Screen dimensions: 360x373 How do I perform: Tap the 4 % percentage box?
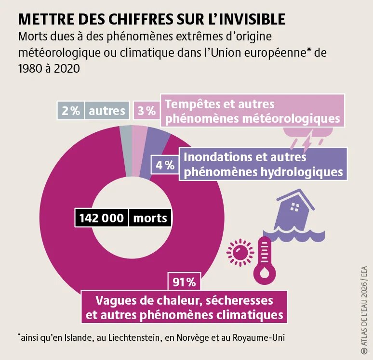point(165,165)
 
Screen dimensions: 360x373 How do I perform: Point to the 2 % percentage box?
point(70,111)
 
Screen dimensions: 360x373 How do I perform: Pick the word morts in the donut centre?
point(150,218)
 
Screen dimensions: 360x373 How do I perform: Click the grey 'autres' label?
point(107,111)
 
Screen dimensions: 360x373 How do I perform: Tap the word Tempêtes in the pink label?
point(191,104)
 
